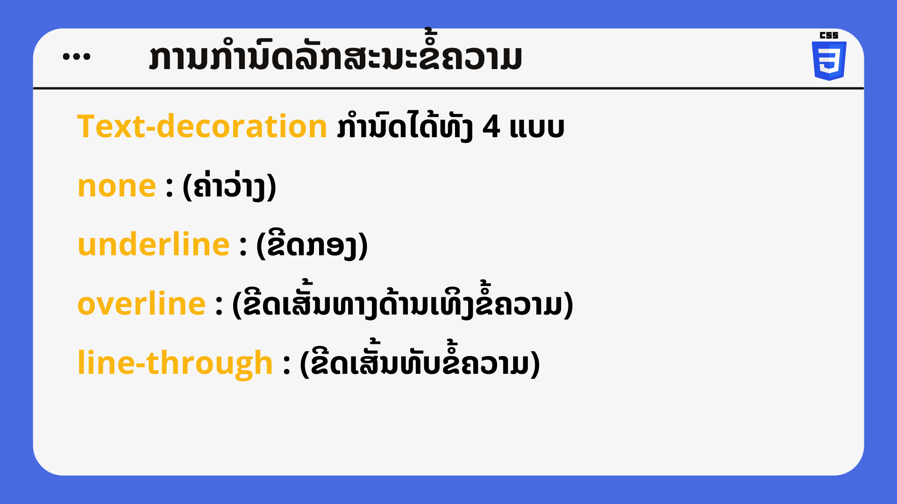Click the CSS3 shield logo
click(829, 61)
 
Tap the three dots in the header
click(77, 57)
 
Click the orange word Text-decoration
click(202, 126)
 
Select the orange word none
click(116, 187)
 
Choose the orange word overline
click(142, 303)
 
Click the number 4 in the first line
click(491, 127)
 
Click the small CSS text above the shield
click(829, 35)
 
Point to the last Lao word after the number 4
click(537, 128)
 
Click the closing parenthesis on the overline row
click(569, 306)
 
